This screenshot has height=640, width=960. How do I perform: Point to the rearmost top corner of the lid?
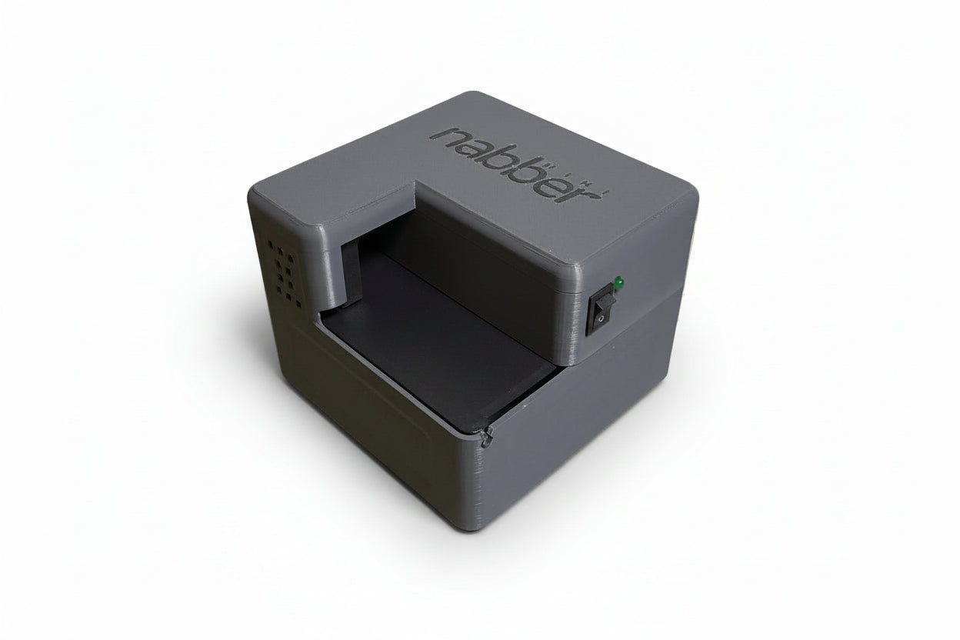pyautogui.click(x=470, y=94)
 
